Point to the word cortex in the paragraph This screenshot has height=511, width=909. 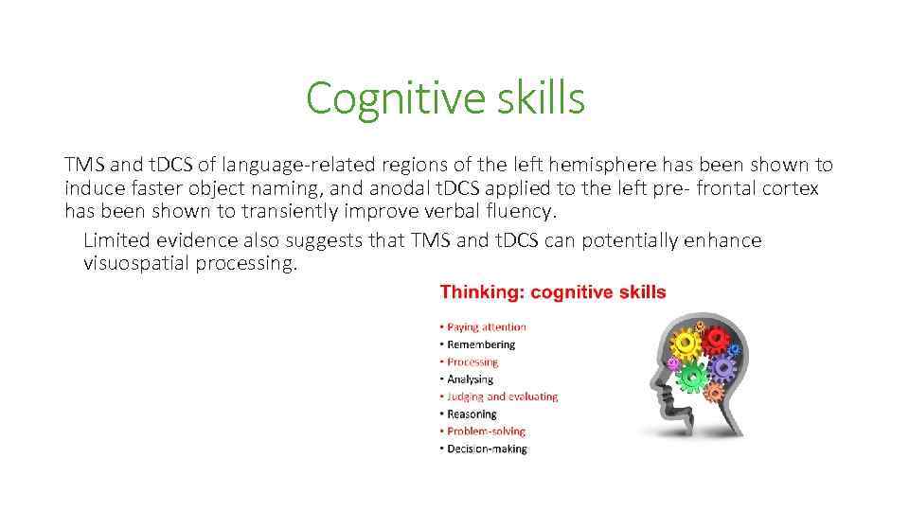pos(790,187)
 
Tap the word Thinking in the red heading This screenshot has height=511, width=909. pos(481,292)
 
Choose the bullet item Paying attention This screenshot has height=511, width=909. pos(487,327)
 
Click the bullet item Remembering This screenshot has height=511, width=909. pos(481,344)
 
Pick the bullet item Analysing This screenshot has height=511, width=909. pos(470,379)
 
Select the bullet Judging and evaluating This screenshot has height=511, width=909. pos(502,396)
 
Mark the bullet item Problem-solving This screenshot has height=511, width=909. pos(486,431)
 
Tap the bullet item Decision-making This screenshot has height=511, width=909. pos(487,448)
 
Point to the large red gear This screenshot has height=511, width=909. pos(717,338)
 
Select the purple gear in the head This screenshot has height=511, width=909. pos(724,367)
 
